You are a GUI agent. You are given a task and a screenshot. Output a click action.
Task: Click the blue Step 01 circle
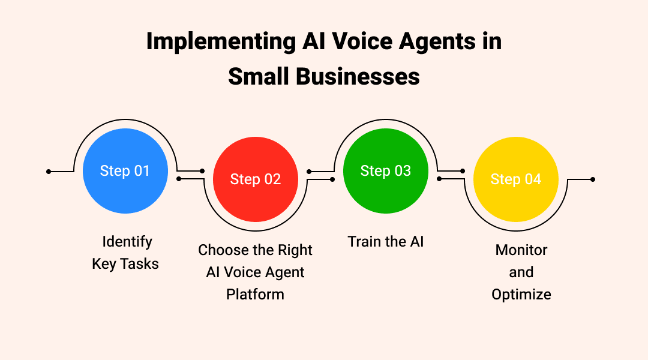(125, 171)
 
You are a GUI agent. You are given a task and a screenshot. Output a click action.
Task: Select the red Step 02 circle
(256, 179)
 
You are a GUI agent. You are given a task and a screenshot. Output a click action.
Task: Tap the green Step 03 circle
(386, 171)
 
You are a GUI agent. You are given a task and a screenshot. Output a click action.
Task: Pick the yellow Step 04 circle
(516, 179)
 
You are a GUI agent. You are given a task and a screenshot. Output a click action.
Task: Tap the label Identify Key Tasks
(125, 253)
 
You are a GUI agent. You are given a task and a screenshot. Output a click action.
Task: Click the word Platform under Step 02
(255, 294)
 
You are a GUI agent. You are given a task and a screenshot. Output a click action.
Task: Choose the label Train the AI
(386, 242)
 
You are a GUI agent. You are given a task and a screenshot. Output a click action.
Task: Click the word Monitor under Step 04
(521, 250)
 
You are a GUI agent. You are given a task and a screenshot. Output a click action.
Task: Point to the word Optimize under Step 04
(521, 294)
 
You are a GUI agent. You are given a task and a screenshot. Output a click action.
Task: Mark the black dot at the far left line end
(49, 172)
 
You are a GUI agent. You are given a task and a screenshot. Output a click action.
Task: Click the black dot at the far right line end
(593, 179)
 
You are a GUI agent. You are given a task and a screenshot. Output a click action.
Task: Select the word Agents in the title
(428, 42)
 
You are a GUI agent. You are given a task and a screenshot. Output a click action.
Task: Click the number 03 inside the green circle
(402, 171)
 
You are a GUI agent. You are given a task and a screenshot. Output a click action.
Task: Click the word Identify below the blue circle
(127, 242)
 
